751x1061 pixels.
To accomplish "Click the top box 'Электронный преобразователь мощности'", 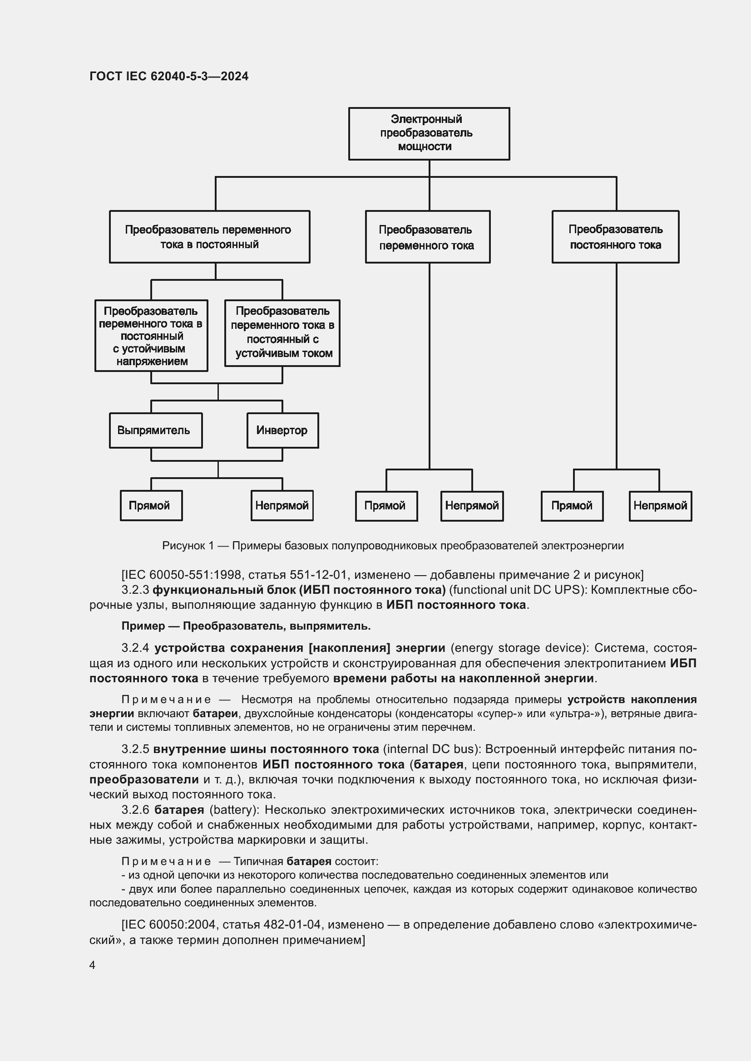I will [429, 133].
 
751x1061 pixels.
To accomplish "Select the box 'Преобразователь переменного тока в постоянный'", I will [209, 237].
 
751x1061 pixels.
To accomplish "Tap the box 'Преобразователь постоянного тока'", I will [615, 237].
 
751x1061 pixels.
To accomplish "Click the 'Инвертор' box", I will [282, 430].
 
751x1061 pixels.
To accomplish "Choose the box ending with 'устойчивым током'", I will [282, 332].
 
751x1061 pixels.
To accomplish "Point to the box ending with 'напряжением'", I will [151, 336].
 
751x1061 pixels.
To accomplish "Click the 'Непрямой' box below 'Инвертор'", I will [282, 505].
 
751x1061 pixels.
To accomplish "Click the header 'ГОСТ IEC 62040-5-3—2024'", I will [169, 76].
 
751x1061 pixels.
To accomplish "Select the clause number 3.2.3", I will [135, 590].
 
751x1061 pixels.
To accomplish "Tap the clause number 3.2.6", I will [135, 810].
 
